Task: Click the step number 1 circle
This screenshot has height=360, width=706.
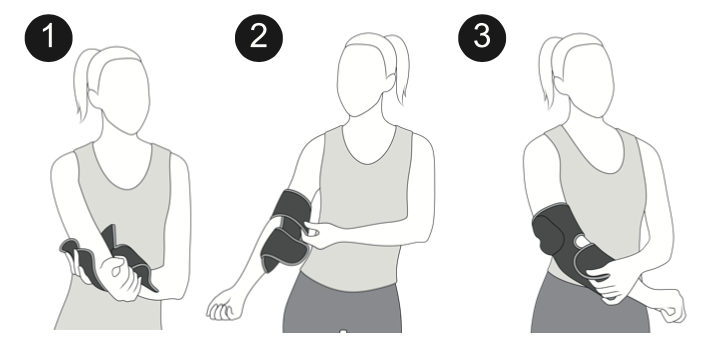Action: click(x=49, y=38)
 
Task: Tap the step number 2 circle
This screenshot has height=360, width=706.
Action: click(x=259, y=38)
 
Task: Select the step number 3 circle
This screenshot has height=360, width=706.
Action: click(x=482, y=38)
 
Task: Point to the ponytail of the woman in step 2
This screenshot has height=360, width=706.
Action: click(x=399, y=68)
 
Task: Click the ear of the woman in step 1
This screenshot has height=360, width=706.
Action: click(x=95, y=99)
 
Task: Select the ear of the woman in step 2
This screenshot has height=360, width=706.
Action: click(x=389, y=82)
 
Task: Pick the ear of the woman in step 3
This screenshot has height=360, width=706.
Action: click(x=561, y=86)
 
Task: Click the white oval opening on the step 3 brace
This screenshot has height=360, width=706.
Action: click(x=581, y=243)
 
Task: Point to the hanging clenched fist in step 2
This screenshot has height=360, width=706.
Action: click(x=224, y=308)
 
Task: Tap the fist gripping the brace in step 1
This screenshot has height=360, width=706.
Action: click(x=119, y=278)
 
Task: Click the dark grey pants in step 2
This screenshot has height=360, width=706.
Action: click(x=342, y=305)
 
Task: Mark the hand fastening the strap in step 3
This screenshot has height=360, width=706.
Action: click(x=612, y=281)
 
